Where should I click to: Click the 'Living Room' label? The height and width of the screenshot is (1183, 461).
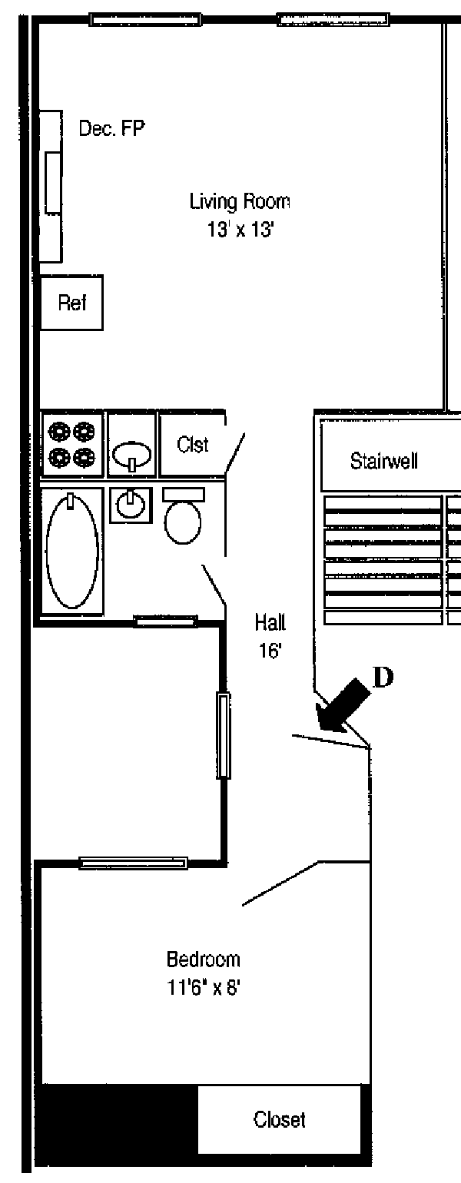(x=240, y=202)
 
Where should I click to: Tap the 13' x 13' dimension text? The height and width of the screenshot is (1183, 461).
(x=240, y=230)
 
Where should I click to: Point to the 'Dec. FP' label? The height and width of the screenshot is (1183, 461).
(x=111, y=129)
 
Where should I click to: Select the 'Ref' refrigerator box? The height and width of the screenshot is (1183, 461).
(x=71, y=303)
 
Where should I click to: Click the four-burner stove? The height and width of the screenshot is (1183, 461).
(x=71, y=446)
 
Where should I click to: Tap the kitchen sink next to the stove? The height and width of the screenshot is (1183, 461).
(x=132, y=453)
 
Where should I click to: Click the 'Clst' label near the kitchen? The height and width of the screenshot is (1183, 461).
(x=192, y=445)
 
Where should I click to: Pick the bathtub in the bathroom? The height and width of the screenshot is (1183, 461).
(x=72, y=551)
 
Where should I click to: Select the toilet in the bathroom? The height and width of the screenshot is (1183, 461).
(x=183, y=519)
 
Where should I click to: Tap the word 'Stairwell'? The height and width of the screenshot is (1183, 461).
(x=383, y=462)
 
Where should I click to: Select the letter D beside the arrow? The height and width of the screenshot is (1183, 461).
(x=383, y=677)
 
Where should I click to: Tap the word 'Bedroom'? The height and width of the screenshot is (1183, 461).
(x=204, y=959)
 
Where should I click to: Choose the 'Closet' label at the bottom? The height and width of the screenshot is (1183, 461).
(x=279, y=1119)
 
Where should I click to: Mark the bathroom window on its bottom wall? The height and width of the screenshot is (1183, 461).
(x=165, y=621)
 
